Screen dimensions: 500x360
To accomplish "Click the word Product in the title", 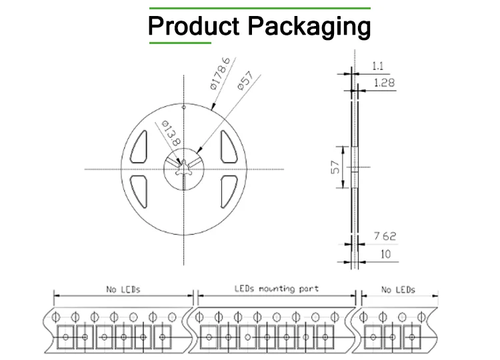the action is pyautogui.click(x=194, y=25).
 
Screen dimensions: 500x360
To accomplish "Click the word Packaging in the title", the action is pyautogui.click(x=309, y=27).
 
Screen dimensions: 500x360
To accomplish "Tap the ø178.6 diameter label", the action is pyautogui.click(x=220, y=73).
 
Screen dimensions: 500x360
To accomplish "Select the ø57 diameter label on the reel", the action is pyautogui.click(x=245, y=81).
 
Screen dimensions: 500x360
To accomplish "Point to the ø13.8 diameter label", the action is pyautogui.click(x=171, y=133).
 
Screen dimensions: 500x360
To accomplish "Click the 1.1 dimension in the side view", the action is pyautogui.click(x=378, y=66).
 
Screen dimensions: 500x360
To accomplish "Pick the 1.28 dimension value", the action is pyautogui.click(x=384, y=83).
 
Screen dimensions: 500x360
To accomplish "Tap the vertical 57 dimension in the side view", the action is pyautogui.click(x=335, y=167).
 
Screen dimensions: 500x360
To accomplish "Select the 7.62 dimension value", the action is pyautogui.click(x=385, y=236).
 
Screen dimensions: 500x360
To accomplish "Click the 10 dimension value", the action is pyautogui.click(x=385, y=254).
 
